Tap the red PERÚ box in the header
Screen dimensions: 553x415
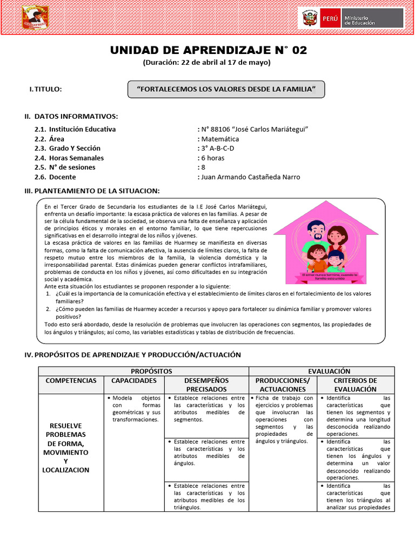point(330,18)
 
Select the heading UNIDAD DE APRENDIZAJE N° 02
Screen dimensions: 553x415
point(208,51)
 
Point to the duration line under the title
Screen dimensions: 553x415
point(207,63)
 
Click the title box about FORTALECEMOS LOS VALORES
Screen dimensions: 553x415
point(226,89)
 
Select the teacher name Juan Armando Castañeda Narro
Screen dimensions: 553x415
point(250,177)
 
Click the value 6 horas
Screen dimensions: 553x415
point(213,158)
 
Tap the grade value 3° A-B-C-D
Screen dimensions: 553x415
point(217,149)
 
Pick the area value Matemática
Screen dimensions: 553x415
point(220,139)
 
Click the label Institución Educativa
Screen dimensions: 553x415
point(82,129)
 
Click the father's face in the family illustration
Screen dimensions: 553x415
point(316,231)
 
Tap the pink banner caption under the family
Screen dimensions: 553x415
point(330,278)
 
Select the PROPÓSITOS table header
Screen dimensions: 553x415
point(143,371)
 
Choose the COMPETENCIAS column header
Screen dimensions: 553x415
point(71,381)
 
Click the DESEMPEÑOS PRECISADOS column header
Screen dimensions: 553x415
point(206,385)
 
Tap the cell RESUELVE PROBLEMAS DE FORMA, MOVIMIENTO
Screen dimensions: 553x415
point(66,448)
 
